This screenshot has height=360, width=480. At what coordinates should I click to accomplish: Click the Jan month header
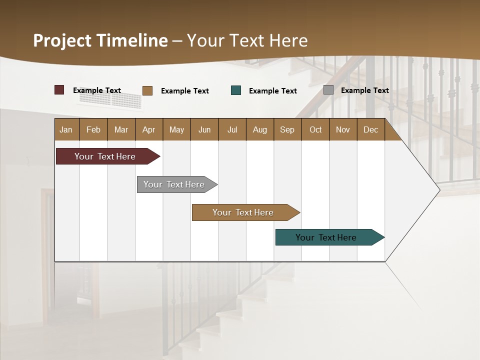tap(66, 129)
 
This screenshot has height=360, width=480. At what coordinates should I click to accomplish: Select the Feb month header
tap(93, 129)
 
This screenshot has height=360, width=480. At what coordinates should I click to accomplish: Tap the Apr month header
tap(149, 129)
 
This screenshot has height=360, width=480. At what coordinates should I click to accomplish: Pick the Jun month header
tap(204, 129)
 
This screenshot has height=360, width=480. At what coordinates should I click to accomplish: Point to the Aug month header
tap(260, 129)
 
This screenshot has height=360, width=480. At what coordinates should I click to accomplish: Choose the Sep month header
tap(287, 129)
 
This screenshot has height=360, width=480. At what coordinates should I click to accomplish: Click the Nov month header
tap(343, 129)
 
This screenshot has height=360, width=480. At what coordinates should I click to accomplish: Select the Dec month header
tap(371, 129)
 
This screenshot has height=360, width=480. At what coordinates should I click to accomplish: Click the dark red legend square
tap(59, 90)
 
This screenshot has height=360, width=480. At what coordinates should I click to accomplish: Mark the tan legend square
tap(147, 90)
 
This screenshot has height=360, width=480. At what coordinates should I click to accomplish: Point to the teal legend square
tap(236, 90)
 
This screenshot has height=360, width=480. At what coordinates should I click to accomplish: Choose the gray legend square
tap(328, 90)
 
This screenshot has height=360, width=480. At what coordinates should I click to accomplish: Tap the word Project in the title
tap(62, 40)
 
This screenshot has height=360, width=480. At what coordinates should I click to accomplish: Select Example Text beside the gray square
tap(364, 90)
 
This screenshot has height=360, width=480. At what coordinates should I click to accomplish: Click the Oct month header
tap(315, 129)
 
